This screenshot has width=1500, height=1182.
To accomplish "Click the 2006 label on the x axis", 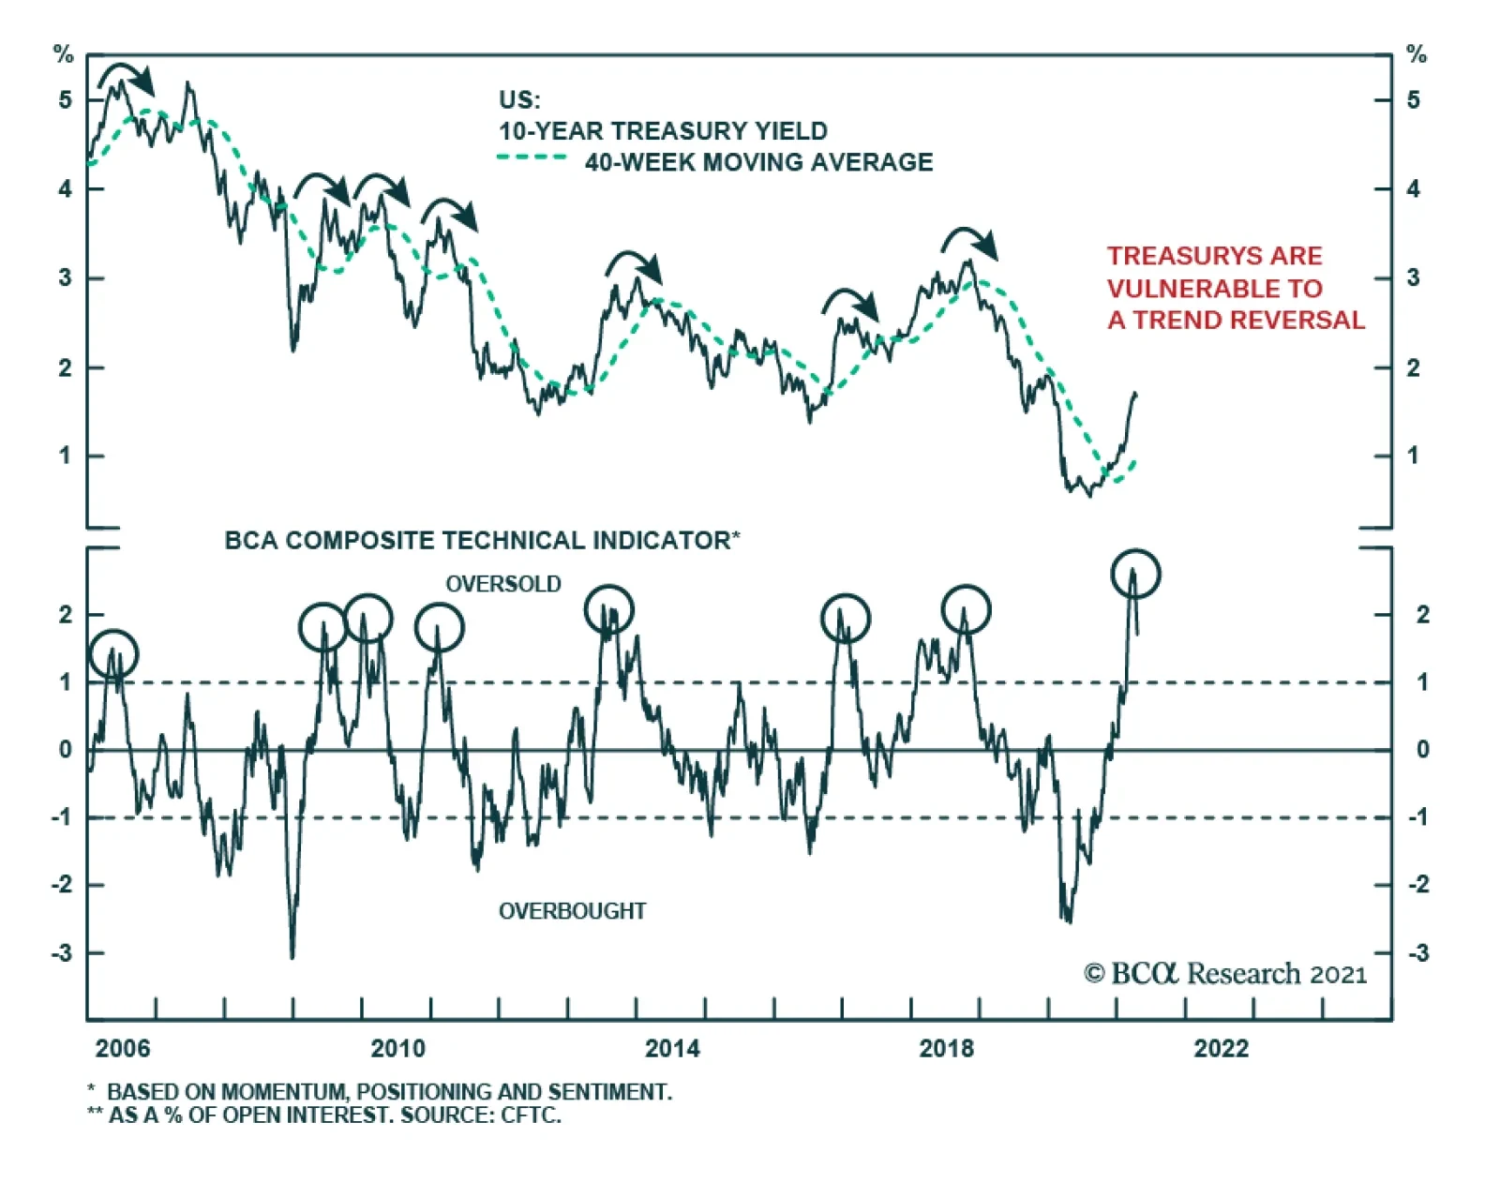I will [122, 1048].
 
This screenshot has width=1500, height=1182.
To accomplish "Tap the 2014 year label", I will [672, 1048].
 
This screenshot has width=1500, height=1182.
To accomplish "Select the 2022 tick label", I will [1221, 1048].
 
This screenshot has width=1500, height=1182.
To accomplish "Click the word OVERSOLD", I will [503, 584].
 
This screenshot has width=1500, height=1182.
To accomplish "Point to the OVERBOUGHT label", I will [572, 911].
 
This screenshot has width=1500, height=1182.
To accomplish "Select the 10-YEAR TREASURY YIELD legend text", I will [663, 131].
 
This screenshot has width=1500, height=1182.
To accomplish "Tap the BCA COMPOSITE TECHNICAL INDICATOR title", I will [482, 541].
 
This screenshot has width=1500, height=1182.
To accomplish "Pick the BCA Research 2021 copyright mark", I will [1225, 974].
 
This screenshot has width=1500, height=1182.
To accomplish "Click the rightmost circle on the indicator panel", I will [1135, 574].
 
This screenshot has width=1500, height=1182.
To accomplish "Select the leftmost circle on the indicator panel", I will [113, 653].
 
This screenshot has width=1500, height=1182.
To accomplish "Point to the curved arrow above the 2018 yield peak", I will [970, 242].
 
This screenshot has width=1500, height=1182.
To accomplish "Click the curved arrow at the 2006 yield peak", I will [127, 78].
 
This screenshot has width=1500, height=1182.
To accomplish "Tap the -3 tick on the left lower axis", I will [61, 953].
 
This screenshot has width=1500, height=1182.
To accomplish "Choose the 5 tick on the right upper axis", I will [1413, 100].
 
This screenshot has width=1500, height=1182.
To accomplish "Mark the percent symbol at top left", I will [63, 54].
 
